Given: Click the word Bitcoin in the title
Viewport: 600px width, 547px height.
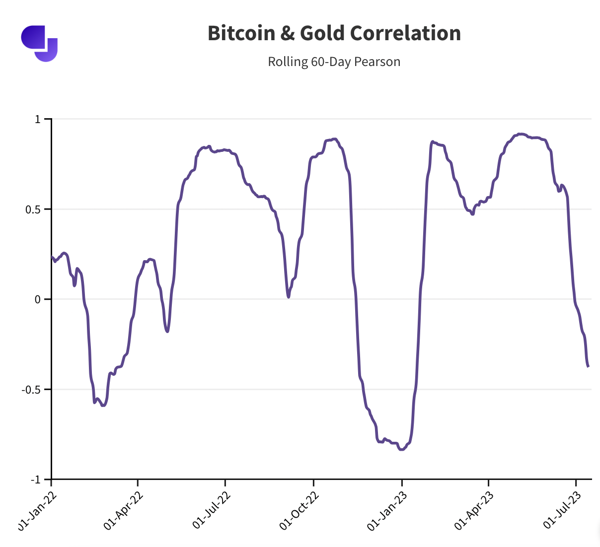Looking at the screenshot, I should pyautogui.click(x=241, y=33).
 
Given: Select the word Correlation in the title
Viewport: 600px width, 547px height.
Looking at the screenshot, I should pyautogui.click(x=405, y=33).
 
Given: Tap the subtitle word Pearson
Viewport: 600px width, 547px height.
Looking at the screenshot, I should pyautogui.click(x=377, y=62).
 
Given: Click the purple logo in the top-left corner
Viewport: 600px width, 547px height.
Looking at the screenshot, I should pyautogui.click(x=39, y=43).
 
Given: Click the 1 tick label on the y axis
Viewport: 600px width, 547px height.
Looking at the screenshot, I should pyautogui.click(x=37, y=119).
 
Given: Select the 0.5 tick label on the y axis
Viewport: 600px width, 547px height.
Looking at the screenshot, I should pyautogui.click(x=33, y=209).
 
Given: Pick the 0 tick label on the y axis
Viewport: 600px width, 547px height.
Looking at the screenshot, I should pyautogui.click(x=37, y=299).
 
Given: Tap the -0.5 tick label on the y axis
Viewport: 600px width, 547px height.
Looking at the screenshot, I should pyautogui.click(x=31, y=390).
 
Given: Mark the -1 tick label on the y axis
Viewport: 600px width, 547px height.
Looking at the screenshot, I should pyautogui.click(x=35, y=479).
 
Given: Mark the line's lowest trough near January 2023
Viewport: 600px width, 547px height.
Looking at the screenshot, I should pyautogui.click(x=402, y=450).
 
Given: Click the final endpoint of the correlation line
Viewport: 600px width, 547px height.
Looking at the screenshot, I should pyautogui.click(x=589, y=366).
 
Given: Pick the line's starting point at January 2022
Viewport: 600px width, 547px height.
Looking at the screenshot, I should pyautogui.click(x=52, y=257).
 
